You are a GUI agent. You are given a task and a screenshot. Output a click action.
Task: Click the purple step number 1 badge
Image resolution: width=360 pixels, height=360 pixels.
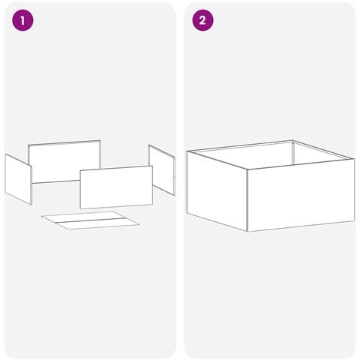point(22,20)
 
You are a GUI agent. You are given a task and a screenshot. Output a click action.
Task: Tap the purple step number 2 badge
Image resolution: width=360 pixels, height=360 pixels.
point(202,20)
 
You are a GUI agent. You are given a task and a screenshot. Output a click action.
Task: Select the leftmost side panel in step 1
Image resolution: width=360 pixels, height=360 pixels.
point(18,178)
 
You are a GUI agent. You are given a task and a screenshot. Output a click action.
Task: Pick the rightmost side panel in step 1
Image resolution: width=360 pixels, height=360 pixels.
point(161,169)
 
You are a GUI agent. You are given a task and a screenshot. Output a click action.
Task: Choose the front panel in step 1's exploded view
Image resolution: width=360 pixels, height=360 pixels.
point(116,187)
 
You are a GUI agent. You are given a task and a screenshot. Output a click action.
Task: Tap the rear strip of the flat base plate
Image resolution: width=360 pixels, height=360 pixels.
point(84,217)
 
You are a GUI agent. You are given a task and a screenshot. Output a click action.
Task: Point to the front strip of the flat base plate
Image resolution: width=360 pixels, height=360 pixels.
point(97,223)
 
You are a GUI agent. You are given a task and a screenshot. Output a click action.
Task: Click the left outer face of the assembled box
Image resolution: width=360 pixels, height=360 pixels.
point(217,191)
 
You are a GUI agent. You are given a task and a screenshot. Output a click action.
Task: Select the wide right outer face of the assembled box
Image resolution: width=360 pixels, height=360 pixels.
point(301,195)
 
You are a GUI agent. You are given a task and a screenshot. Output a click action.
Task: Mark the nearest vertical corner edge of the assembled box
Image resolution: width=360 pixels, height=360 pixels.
point(247,200)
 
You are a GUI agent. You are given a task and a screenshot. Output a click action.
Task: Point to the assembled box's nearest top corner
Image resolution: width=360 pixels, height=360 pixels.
point(247,169)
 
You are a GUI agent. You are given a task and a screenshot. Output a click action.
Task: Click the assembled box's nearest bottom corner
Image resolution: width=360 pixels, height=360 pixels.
point(247,231)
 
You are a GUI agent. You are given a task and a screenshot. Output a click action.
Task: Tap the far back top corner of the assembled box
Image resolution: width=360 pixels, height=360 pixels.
point(292,140)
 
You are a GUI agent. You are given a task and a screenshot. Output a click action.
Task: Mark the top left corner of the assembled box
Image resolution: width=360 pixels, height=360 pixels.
point(187,151)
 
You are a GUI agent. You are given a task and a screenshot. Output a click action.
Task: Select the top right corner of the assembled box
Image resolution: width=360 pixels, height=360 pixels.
point(354,159)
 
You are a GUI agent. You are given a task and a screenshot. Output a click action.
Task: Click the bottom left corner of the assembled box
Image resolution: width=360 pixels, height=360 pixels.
point(187,213)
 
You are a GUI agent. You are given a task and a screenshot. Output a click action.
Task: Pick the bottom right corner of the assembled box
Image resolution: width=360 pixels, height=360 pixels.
point(354,221)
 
